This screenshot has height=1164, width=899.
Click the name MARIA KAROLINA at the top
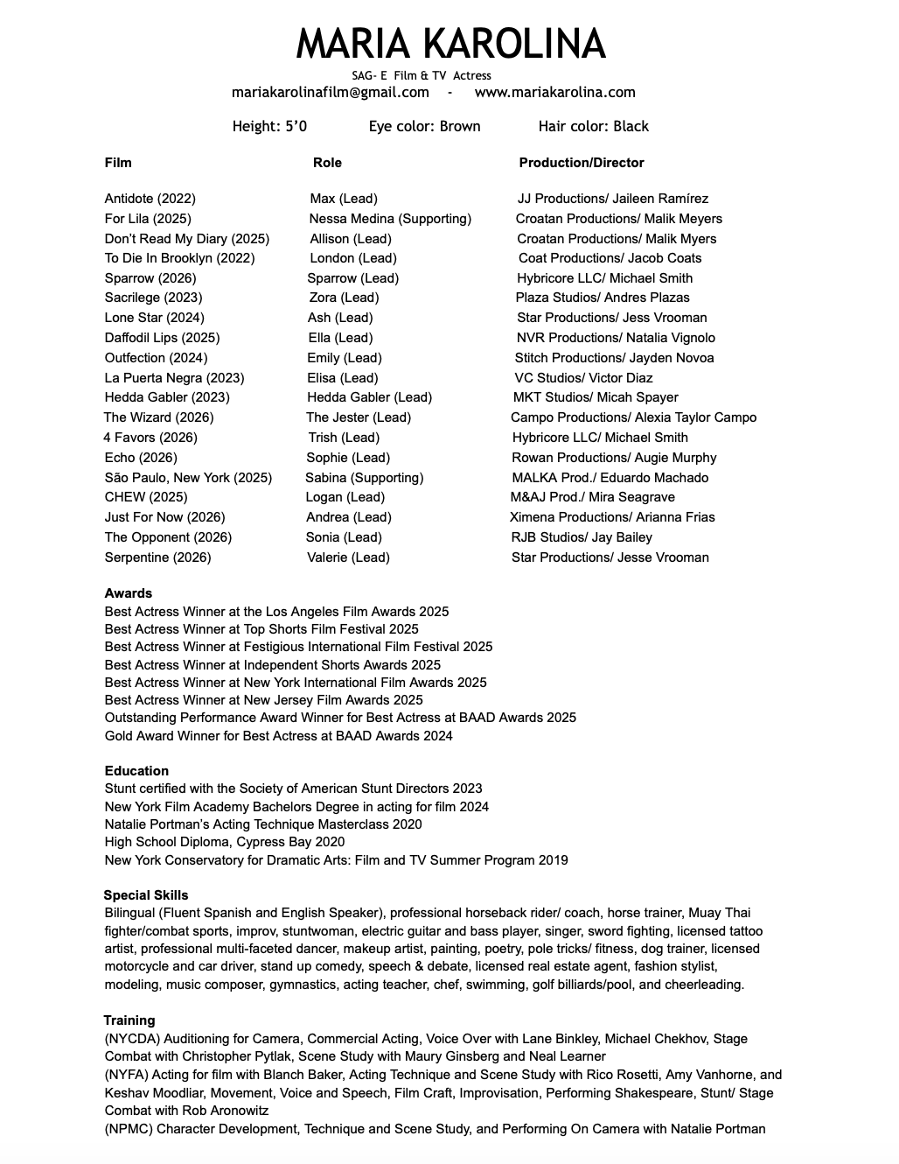tap(450, 44)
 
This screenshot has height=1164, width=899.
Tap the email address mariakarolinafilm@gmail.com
tap(330, 93)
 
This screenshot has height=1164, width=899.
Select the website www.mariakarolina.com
tap(554, 93)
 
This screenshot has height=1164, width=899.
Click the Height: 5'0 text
tap(269, 127)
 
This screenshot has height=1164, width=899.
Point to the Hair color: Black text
tap(593, 127)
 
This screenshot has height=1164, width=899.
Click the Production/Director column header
tap(581, 163)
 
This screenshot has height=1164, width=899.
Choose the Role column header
tap(327, 163)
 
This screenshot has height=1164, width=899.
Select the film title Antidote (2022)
tap(150, 200)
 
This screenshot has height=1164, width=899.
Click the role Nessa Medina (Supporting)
tap(390, 219)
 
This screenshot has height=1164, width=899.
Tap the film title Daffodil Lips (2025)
tap(162, 338)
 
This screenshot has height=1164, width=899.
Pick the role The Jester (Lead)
tap(358, 417)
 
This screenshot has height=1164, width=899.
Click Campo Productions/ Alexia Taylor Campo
tap(633, 417)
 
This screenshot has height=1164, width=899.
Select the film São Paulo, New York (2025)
tap(188, 478)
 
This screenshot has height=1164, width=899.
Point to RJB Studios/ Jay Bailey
tap(582, 537)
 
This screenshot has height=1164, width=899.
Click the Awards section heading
tap(128, 593)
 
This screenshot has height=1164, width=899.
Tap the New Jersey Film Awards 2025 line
tap(263, 700)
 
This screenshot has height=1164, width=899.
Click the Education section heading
tap(136, 771)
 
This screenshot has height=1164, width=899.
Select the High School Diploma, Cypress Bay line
tap(224, 842)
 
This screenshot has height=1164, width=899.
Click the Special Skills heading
tap(145, 895)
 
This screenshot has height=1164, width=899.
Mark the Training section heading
tap(129, 1020)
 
